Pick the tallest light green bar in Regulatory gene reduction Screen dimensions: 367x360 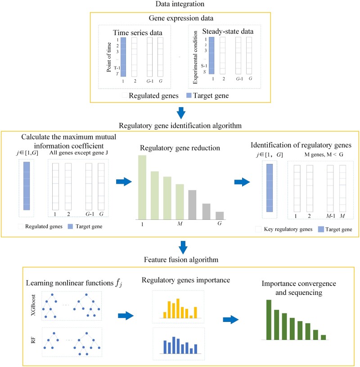[x=142, y=187]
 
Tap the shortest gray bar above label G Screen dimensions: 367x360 [x=219, y=215]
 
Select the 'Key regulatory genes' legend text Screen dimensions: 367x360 [x=283, y=229]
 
